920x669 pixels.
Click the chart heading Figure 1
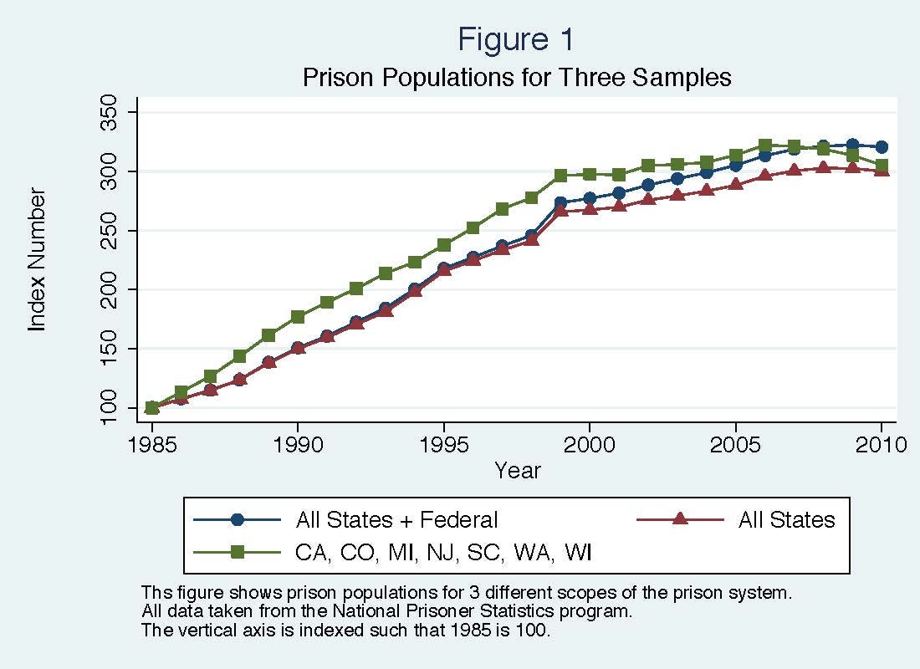[516, 39]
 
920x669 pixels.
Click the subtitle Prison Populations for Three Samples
[516, 78]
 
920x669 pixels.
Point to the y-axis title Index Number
[38, 259]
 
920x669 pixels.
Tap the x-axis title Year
[517, 471]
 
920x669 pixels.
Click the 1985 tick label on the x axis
[152, 443]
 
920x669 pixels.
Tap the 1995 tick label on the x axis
[443, 443]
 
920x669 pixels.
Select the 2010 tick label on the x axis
[881, 443]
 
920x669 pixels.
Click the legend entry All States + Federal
[396, 520]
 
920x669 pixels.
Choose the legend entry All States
[786, 520]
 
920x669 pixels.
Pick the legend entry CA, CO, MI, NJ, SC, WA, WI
[444, 552]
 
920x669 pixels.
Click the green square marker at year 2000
[590, 174]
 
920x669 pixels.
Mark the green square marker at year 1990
[298, 317]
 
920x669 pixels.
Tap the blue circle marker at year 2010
[881, 146]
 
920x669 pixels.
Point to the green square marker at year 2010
[881, 166]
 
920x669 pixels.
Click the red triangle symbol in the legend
[680, 520]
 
